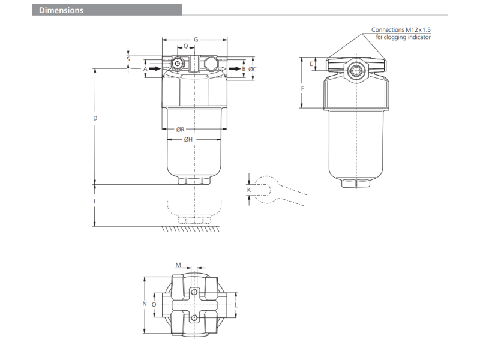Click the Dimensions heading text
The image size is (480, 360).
(x=61, y=10)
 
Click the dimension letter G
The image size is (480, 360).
(x=196, y=40)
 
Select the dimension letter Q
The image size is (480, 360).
(x=186, y=47)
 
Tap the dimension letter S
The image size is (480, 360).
(x=128, y=59)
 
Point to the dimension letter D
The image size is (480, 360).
(x=95, y=118)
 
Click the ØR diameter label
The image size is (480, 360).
(x=181, y=130)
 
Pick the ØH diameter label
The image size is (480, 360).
(x=188, y=139)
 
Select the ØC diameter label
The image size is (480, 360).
(x=252, y=69)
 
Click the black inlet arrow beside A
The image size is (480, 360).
(x=155, y=68)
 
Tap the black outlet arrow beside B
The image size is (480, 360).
(x=235, y=68)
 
